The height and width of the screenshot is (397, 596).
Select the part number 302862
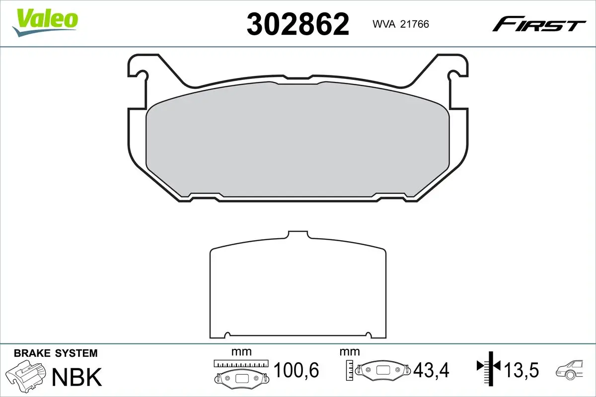pyautogui.click(x=298, y=24)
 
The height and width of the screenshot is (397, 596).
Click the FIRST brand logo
pyautogui.click(x=538, y=24)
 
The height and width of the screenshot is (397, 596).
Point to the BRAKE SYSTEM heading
pyautogui.click(x=56, y=353)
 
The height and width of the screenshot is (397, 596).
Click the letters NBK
pyautogui.click(x=77, y=377)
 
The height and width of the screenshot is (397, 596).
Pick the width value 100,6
pyautogui.click(x=296, y=370)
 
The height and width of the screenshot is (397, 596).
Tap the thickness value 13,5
pyautogui.click(x=521, y=370)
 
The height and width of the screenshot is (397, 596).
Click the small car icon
pyautogui.click(x=571, y=369)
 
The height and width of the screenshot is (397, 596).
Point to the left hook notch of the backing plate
pyautogui.click(x=142, y=75)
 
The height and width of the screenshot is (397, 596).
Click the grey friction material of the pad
pyautogui.click(x=298, y=141)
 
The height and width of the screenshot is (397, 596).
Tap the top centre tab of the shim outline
pyautogui.click(x=298, y=235)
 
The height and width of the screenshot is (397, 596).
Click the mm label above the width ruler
pyautogui.click(x=241, y=352)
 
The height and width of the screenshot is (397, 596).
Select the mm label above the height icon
pyautogui.click(x=349, y=352)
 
